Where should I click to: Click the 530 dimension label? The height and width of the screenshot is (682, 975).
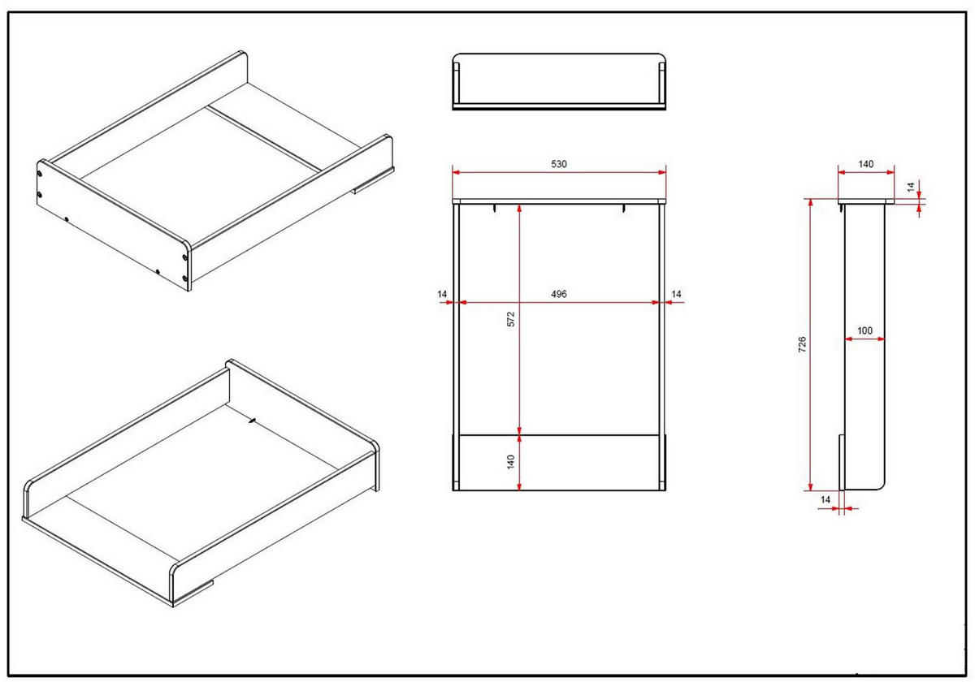[559, 163]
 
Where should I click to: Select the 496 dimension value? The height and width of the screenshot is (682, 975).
[559, 293]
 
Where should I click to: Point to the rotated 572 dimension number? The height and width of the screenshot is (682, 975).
[511, 318]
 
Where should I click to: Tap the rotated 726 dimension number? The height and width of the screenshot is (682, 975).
[802, 344]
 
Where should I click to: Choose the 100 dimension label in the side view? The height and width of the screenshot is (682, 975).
[864, 330]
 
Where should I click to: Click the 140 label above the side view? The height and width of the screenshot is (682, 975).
[866, 164]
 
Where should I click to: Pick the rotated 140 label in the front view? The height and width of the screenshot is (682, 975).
[511, 462]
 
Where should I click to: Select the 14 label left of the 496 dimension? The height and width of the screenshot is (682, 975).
[442, 293]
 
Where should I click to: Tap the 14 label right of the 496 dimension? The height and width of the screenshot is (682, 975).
[677, 293]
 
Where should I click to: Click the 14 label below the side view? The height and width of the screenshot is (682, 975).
[825, 500]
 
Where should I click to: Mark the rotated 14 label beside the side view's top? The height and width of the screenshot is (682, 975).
[911, 187]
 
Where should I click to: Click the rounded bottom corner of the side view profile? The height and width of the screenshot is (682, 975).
[879, 484]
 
